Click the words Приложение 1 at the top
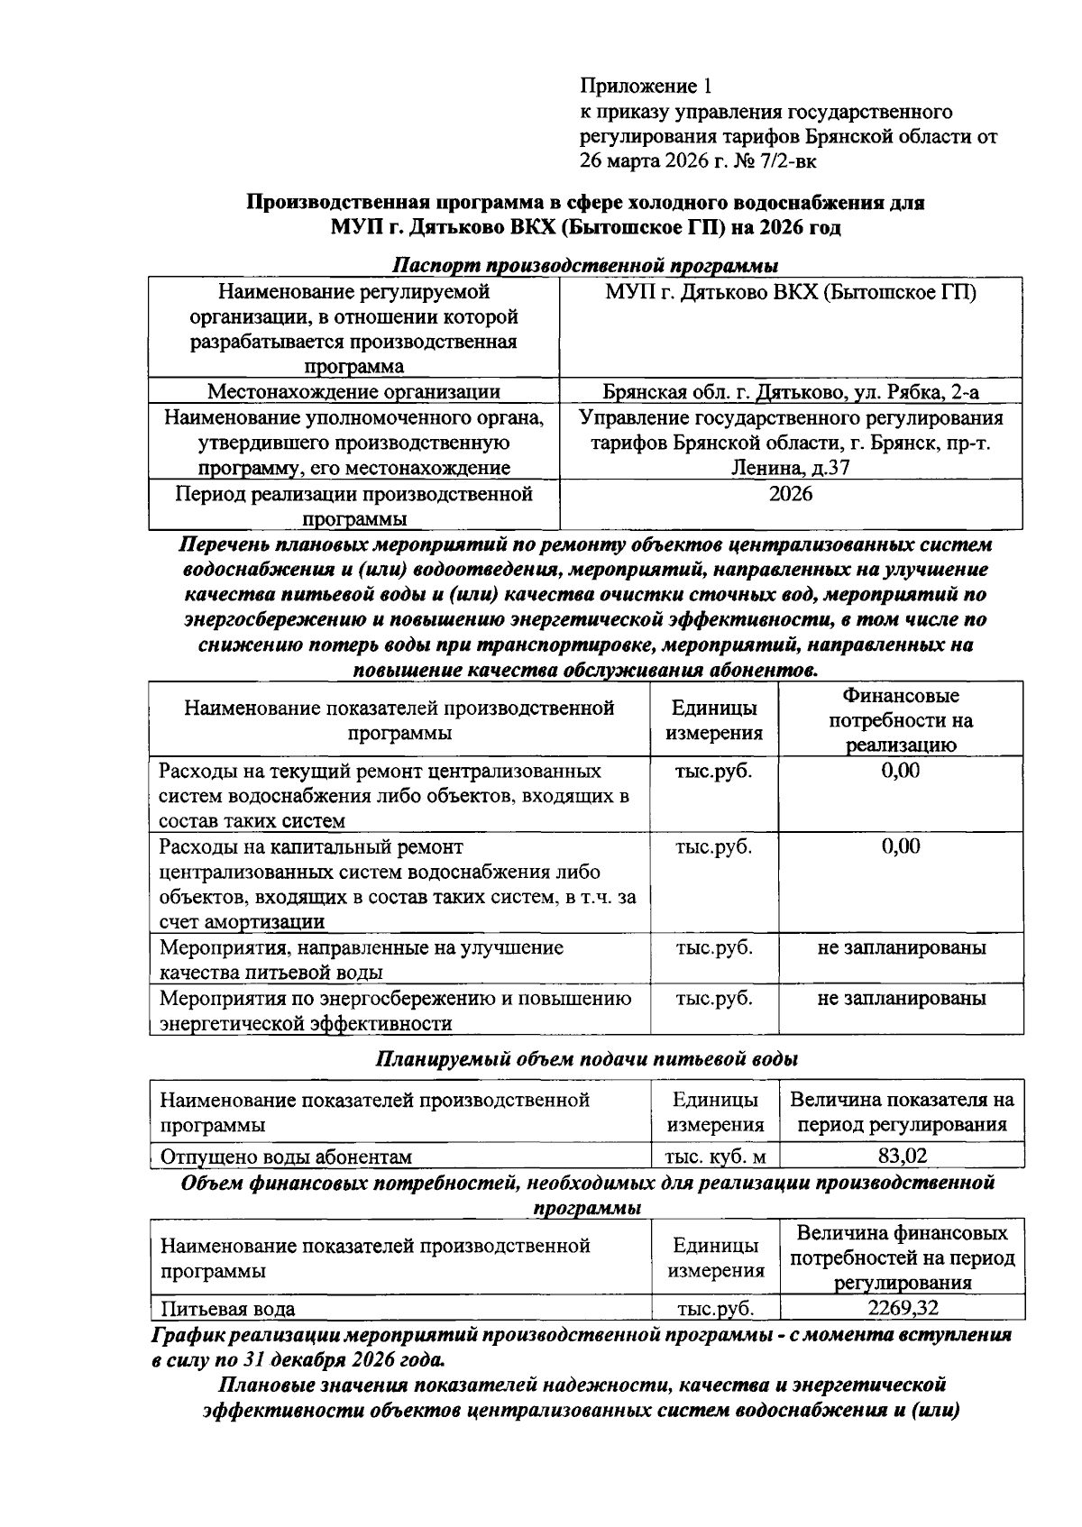pos(646,87)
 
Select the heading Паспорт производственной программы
pos(586,266)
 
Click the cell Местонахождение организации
pos(353,391)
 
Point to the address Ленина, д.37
pos(791,468)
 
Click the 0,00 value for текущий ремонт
pos(901,771)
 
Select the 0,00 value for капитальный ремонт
pos(901,846)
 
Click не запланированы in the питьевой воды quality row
pos(901,947)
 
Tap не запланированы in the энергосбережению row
pos(901,998)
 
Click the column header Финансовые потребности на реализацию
pos(901,720)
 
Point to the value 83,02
pos(903,1157)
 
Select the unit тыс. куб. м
pos(715,1157)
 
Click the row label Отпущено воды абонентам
pos(286,1157)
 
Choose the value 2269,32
pos(903,1309)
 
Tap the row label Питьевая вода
pos(228,1309)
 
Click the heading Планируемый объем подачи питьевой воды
pos(586,1059)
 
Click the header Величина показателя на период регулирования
pos(903,1112)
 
